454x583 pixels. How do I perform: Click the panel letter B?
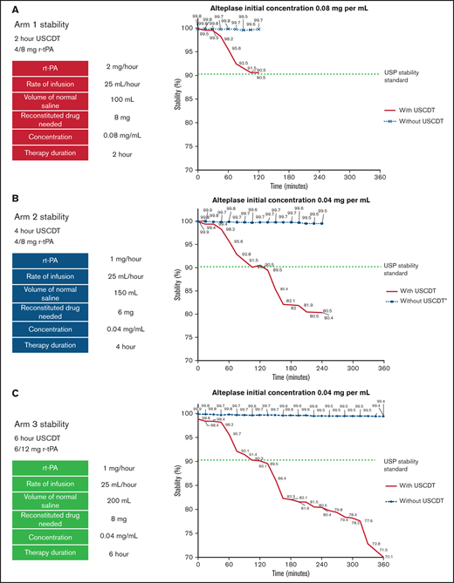pos(7,200)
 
